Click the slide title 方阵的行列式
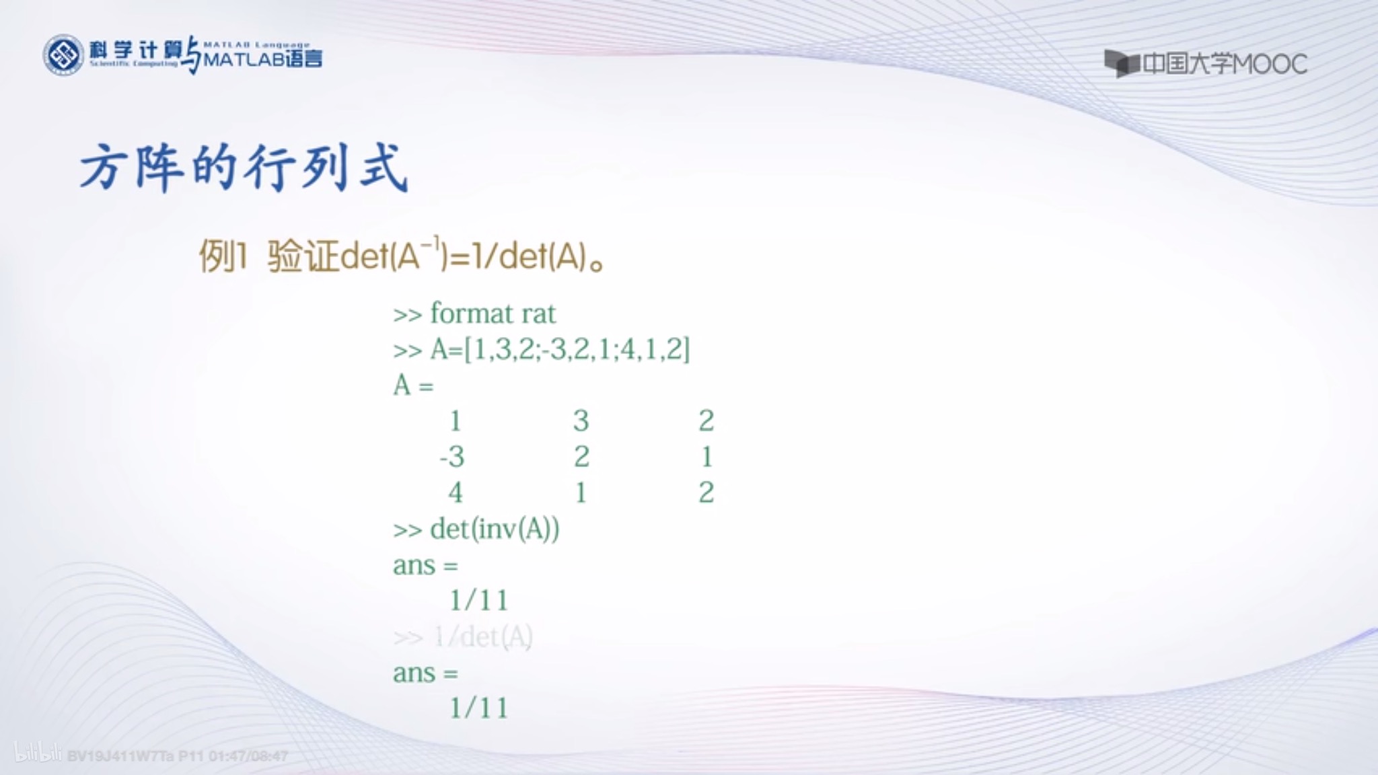click(x=244, y=167)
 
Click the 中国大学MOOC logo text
click(x=1206, y=64)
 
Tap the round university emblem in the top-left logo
click(x=63, y=55)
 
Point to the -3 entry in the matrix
click(x=452, y=457)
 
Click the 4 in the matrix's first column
click(x=456, y=492)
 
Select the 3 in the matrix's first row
click(x=581, y=421)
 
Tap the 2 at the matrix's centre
click(x=581, y=457)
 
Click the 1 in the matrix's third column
click(x=706, y=457)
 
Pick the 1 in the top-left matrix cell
click(x=456, y=421)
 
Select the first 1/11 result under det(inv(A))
click(x=478, y=600)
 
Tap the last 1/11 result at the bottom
click(x=478, y=708)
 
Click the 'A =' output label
click(x=413, y=385)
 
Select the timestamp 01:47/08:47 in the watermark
click(x=248, y=756)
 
